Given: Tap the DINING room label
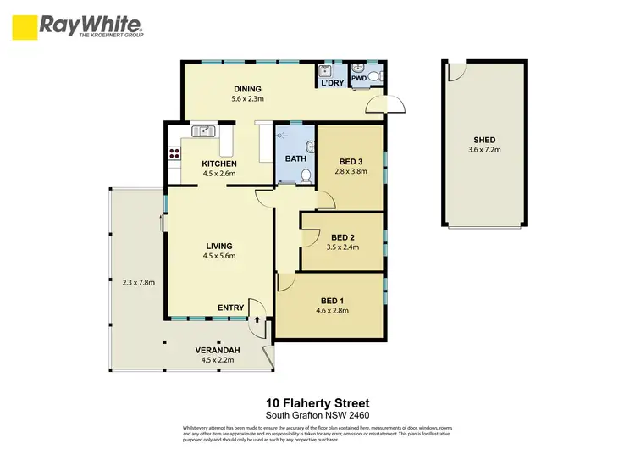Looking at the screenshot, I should [247, 89].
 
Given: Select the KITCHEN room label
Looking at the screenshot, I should [218, 164].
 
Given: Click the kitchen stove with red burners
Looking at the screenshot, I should [175, 153].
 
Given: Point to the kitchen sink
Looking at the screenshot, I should [203, 131].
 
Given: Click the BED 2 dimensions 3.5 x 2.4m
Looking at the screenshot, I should [343, 247].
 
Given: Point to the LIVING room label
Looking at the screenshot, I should [218, 246].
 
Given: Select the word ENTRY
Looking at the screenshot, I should [231, 308].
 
